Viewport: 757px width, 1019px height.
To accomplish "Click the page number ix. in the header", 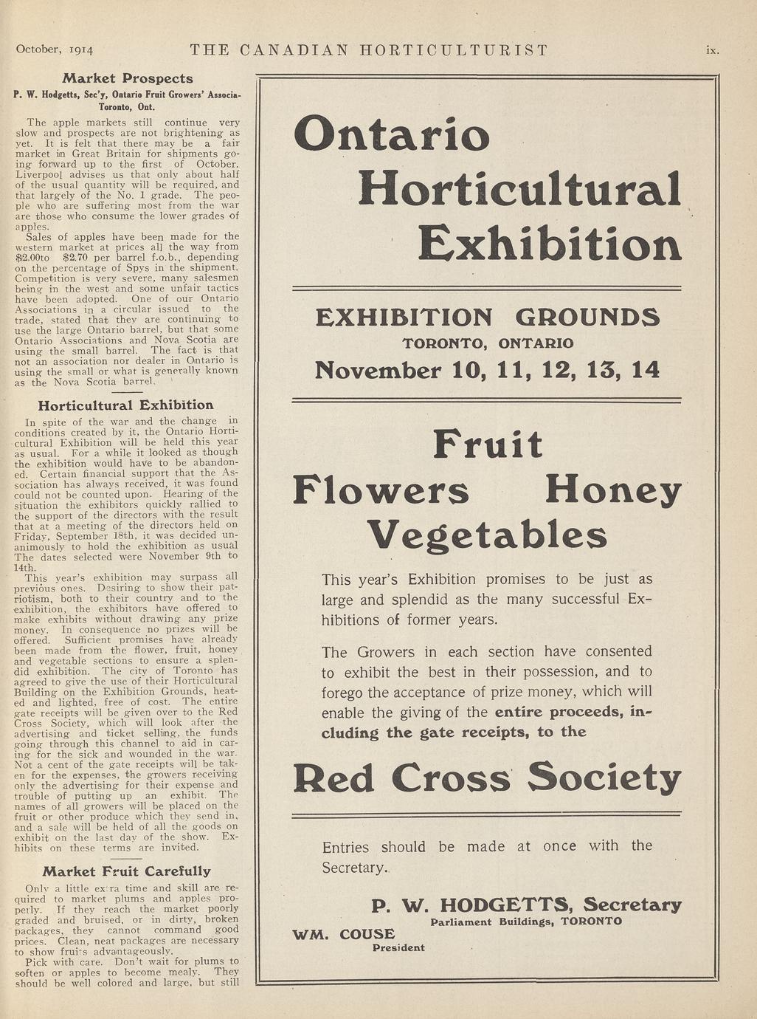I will pos(712,50).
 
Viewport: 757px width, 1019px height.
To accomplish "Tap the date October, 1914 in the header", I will pos(55,50).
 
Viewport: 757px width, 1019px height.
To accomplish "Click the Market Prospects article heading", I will pos(128,78).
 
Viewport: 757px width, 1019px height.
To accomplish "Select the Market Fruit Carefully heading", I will pos(126,871).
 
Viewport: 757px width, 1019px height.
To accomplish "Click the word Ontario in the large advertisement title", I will pos(392,134).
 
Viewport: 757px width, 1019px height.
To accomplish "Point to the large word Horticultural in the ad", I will pos(519,189).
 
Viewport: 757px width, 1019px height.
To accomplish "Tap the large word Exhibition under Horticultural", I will pos(550,244).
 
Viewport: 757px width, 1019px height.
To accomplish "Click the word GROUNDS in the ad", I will pos(587,318).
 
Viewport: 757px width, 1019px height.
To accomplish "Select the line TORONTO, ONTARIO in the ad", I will pos(488,343).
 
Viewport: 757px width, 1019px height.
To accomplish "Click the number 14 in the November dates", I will pos(646,369).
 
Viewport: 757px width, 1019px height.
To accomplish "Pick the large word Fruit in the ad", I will pos(488,445).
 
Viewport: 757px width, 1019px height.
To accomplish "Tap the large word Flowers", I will pos(381,491).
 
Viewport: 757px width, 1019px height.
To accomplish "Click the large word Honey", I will pos(613,491).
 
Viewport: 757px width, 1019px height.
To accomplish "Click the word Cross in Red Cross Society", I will pos(452,778).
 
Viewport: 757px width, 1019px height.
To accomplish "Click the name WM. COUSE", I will pos(344,934).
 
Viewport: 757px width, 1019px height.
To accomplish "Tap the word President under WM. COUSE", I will pos(398,948).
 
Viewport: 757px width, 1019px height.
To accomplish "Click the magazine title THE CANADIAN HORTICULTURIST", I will pos(369,50).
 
